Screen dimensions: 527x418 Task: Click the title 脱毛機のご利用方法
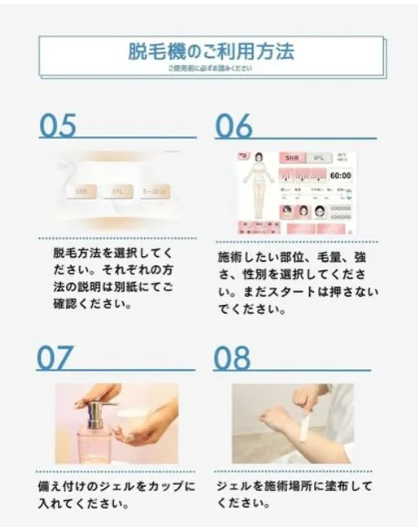[x=209, y=51]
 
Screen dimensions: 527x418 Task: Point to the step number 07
[x=55, y=357]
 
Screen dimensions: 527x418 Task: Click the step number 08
[x=232, y=357]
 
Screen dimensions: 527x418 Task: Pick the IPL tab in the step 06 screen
[x=317, y=157]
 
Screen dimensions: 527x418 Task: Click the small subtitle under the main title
[x=209, y=69]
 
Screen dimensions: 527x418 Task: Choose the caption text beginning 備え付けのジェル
[x=117, y=495]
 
